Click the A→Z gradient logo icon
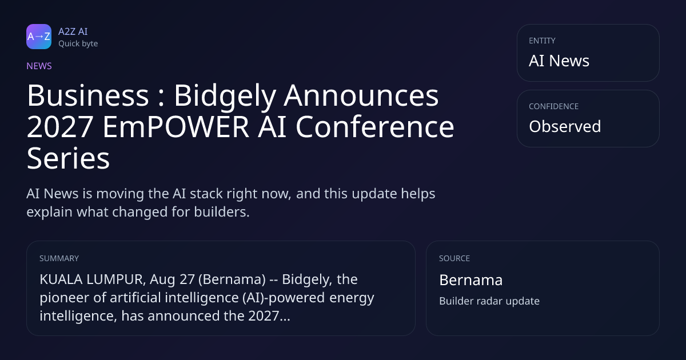[x=39, y=37]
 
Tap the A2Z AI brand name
[x=73, y=31]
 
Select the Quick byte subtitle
[x=78, y=44]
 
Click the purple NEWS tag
[x=39, y=66]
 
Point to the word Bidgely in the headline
[x=225, y=96]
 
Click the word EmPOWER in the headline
[x=176, y=127]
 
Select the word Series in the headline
[x=68, y=158]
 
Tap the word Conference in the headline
[x=375, y=127]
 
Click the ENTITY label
[x=542, y=41]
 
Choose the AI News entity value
[x=559, y=61]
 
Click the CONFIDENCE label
[x=554, y=106]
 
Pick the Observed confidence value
[x=565, y=126]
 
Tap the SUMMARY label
[x=59, y=258]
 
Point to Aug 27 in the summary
[x=172, y=279]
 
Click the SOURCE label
[x=454, y=258]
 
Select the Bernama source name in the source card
[x=471, y=280]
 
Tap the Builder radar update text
[x=489, y=301]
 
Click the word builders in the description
[x=222, y=212]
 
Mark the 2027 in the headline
[x=60, y=127]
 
